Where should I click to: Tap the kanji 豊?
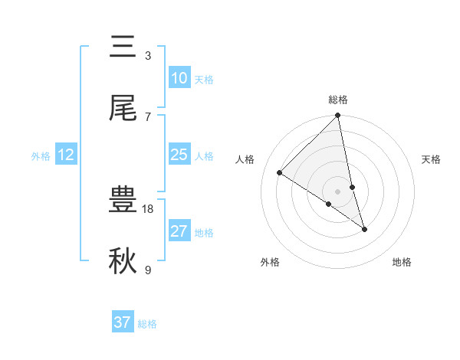click(x=123, y=200)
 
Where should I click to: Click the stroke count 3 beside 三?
click(x=148, y=55)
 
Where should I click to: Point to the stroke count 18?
click(x=148, y=208)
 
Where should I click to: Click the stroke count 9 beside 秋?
click(x=148, y=270)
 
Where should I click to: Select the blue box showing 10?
click(x=179, y=77)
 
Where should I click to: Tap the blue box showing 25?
click(x=179, y=155)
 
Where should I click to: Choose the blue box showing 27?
click(x=179, y=231)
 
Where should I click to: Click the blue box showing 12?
click(x=66, y=155)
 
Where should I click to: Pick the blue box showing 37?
click(x=123, y=322)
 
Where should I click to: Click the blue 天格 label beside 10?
click(x=204, y=79)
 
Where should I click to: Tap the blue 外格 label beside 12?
click(x=41, y=156)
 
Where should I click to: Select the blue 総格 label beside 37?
click(x=147, y=324)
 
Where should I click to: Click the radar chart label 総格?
click(x=338, y=100)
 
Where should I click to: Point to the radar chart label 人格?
click(x=245, y=159)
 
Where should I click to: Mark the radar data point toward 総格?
click(x=338, y=116)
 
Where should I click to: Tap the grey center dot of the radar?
click(x=338, y=191)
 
